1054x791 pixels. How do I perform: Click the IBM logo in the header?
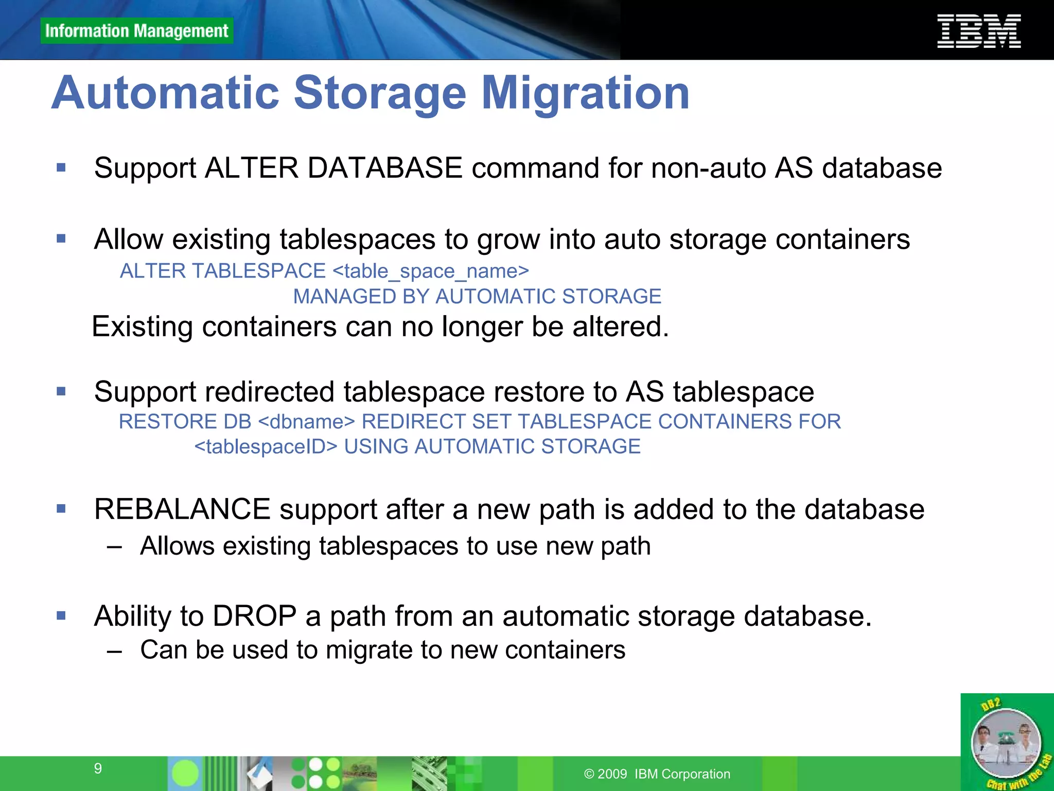point(979,31)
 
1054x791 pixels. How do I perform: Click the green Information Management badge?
point(136,31)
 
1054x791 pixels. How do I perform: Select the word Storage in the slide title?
point(380,93)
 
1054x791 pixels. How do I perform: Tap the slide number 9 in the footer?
point(98,768)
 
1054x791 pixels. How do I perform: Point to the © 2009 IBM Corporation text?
point(657,774)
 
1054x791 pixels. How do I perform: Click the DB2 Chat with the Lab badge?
point(1007,742)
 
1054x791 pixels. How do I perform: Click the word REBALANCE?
point(182,509)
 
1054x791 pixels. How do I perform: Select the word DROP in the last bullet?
point(254,616)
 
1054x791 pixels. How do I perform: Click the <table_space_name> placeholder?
point(431,271)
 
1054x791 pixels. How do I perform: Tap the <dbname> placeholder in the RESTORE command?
point(306,422)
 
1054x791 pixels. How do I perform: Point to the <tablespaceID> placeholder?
point(266,446)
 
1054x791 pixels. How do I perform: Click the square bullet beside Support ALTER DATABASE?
point(61,167)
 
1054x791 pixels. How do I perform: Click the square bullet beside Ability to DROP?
point(61,615)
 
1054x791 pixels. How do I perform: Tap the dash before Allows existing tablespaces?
point(114,546)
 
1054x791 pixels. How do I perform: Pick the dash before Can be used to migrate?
point(114,650)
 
